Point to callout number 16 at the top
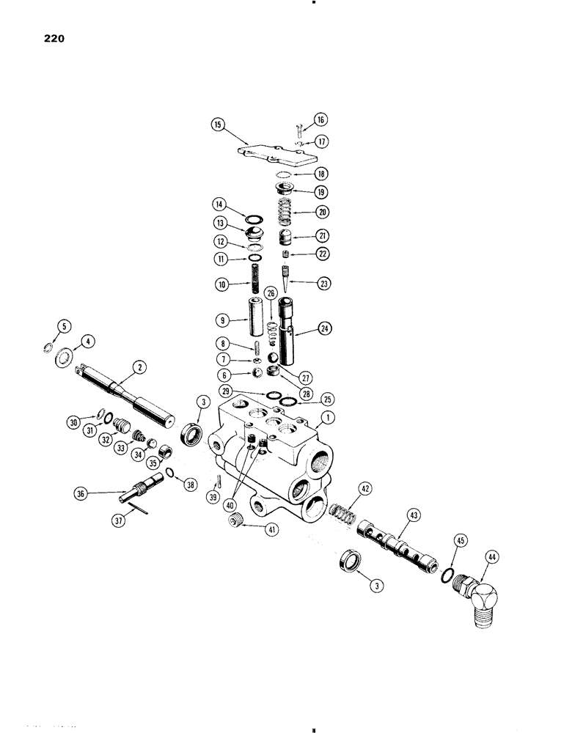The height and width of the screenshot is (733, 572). tap(320, 119)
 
